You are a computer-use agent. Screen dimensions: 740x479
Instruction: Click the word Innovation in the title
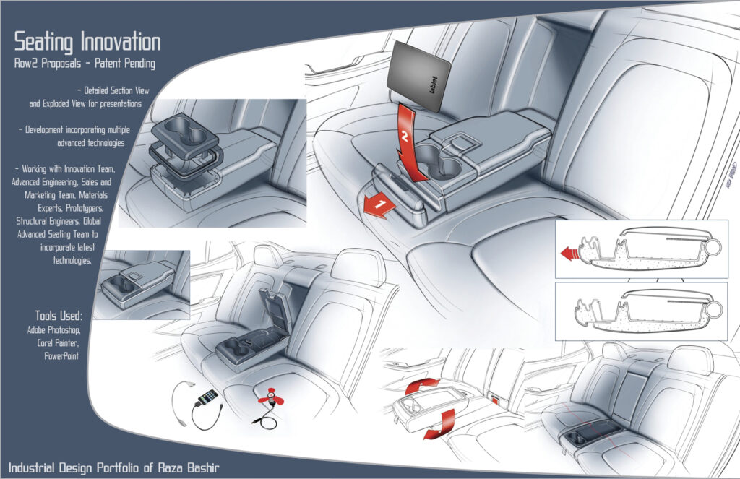(x=121, y=41)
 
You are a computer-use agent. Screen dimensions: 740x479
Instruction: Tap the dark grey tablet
(x=418, y=77)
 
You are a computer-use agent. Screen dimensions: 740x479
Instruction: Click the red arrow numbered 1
(x=379, y=206)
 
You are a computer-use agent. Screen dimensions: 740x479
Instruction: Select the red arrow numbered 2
(x=410, y=143)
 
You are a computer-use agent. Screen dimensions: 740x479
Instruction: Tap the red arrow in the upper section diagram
(x=569, y=254)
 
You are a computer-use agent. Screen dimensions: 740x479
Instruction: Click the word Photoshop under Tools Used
(x=64, y=330)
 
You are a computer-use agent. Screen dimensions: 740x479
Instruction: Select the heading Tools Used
(x=59, y=315)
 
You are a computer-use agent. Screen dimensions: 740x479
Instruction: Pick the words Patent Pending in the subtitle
(x=125, y=64)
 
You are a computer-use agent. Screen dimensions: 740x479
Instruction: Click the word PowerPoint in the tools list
(x=61, y=356)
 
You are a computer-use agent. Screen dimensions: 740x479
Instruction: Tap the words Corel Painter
(x=58, y=342)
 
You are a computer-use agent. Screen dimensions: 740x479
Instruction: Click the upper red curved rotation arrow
(x=421, y=386)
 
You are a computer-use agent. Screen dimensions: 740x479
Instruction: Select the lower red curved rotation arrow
(x=439, y=426)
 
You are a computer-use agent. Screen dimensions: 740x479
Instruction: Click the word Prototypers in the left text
(x=85, y=208)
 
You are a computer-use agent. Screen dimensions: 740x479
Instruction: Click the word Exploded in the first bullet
(x=56, y=103)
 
